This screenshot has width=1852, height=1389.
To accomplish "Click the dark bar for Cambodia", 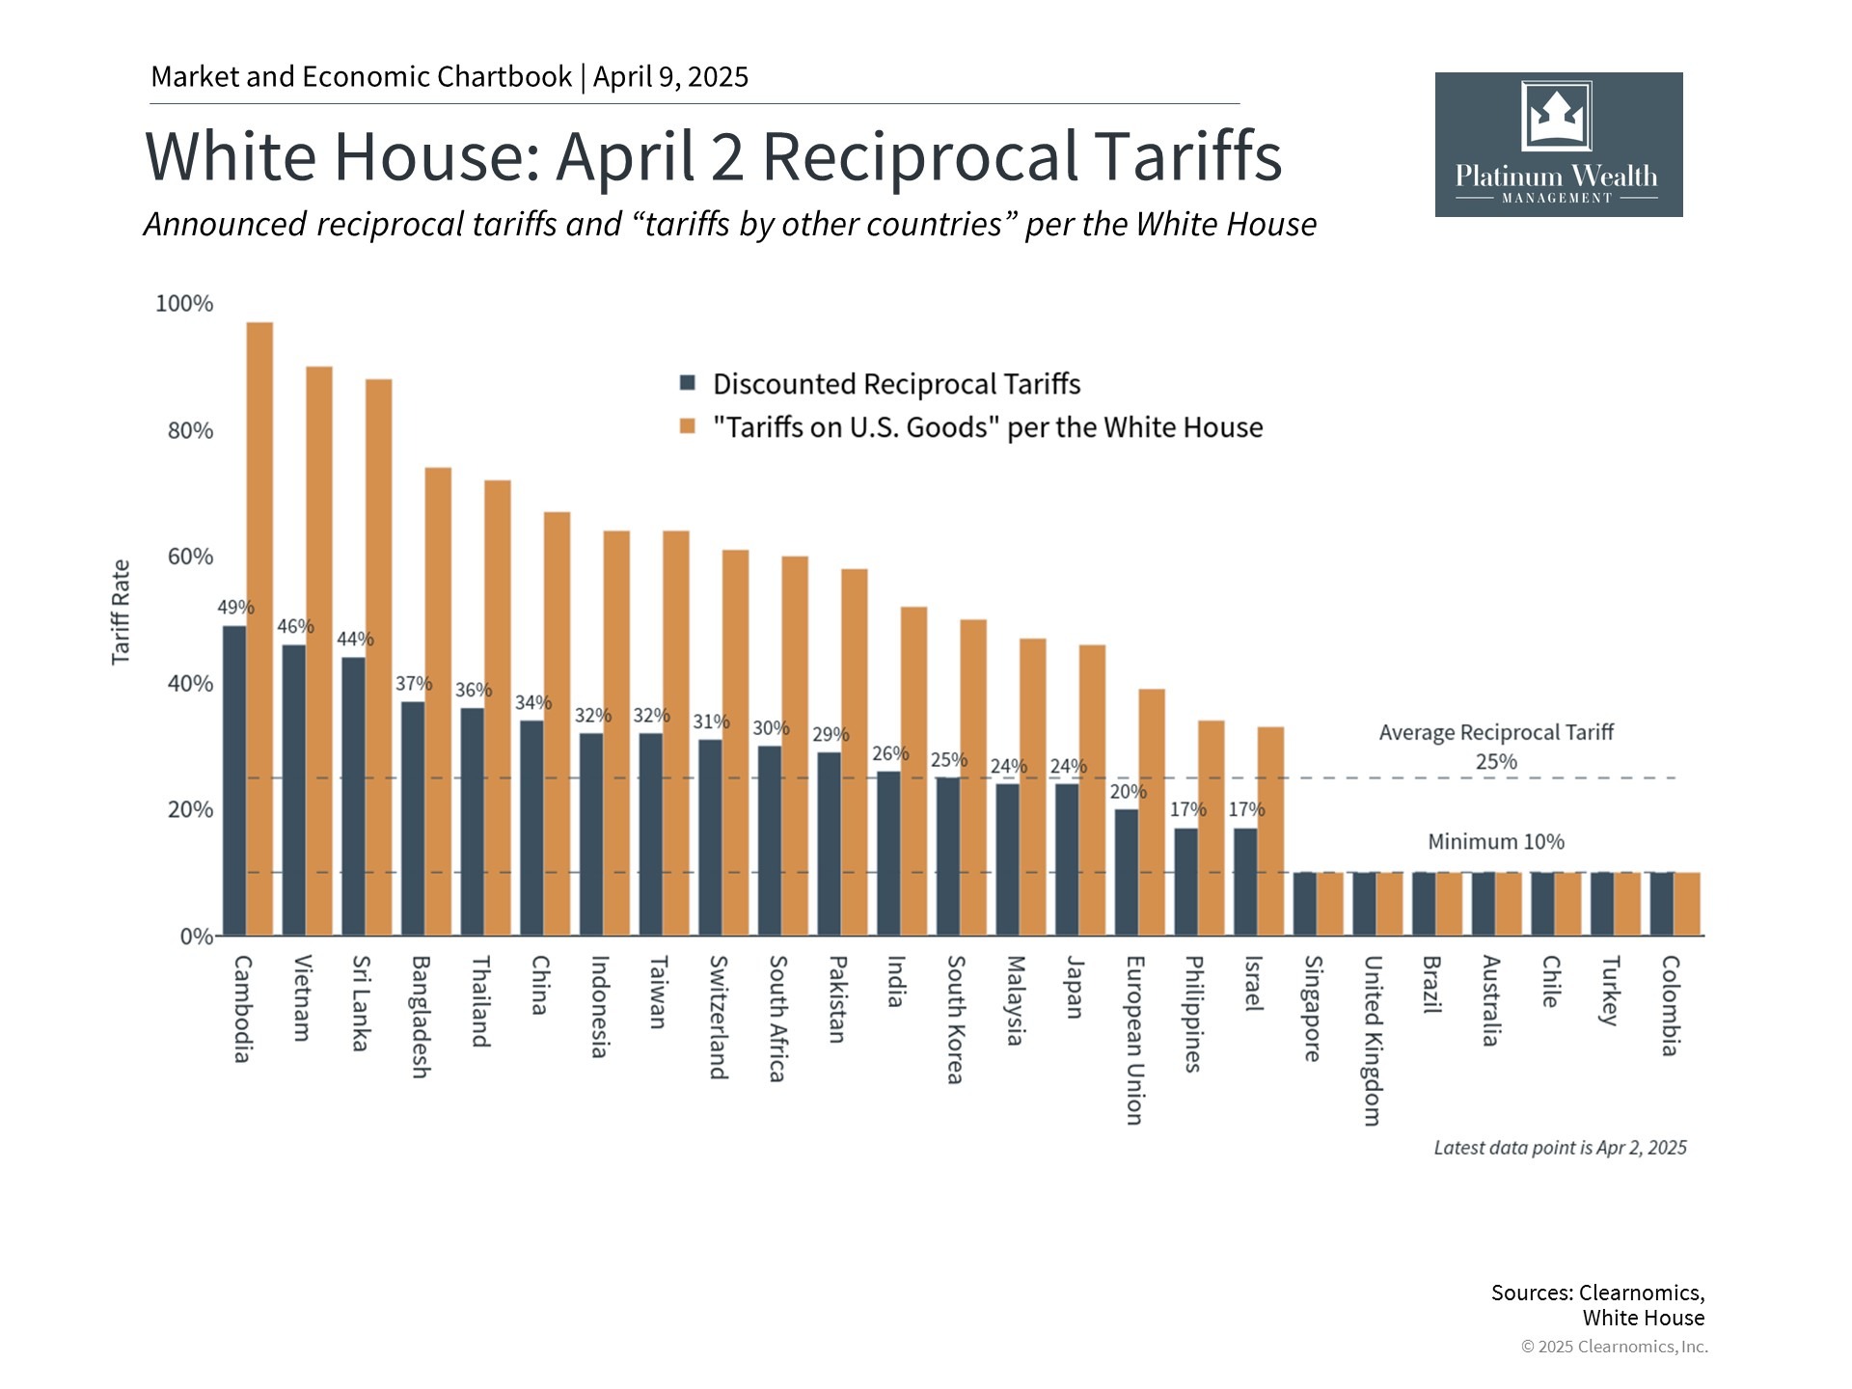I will point(234,780).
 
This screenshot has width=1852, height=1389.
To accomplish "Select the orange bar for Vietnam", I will point(319,651).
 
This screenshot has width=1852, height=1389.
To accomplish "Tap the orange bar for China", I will point(558,723).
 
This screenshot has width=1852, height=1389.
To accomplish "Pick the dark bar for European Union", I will point(1127,872).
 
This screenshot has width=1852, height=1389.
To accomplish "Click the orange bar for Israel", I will point(1270,831).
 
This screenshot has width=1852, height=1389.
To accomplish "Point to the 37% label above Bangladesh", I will point(414,684).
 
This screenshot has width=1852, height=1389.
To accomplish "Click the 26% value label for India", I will point(890,753).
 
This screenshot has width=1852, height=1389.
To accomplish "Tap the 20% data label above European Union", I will point(1128,792).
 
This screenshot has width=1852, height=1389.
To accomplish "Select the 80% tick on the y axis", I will point(190,430).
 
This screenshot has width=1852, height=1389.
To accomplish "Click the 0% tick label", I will point(196,937).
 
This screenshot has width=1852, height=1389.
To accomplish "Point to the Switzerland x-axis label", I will point(718,1017).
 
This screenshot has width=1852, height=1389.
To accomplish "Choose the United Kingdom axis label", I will point(1372,1040).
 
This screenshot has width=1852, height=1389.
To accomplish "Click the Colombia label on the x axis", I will point(1670,1005).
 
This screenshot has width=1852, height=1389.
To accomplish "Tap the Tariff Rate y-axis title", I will point(121,613).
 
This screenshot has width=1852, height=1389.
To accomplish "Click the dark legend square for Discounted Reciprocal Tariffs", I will point(688,383).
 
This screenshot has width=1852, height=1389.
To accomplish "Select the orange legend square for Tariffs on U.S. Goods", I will point(688,426).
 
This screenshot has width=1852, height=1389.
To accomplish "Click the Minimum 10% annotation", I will point(1495,842).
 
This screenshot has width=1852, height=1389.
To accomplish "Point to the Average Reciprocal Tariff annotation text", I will point(1495,733).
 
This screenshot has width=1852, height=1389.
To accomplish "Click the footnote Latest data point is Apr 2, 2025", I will point(1560,1148).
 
